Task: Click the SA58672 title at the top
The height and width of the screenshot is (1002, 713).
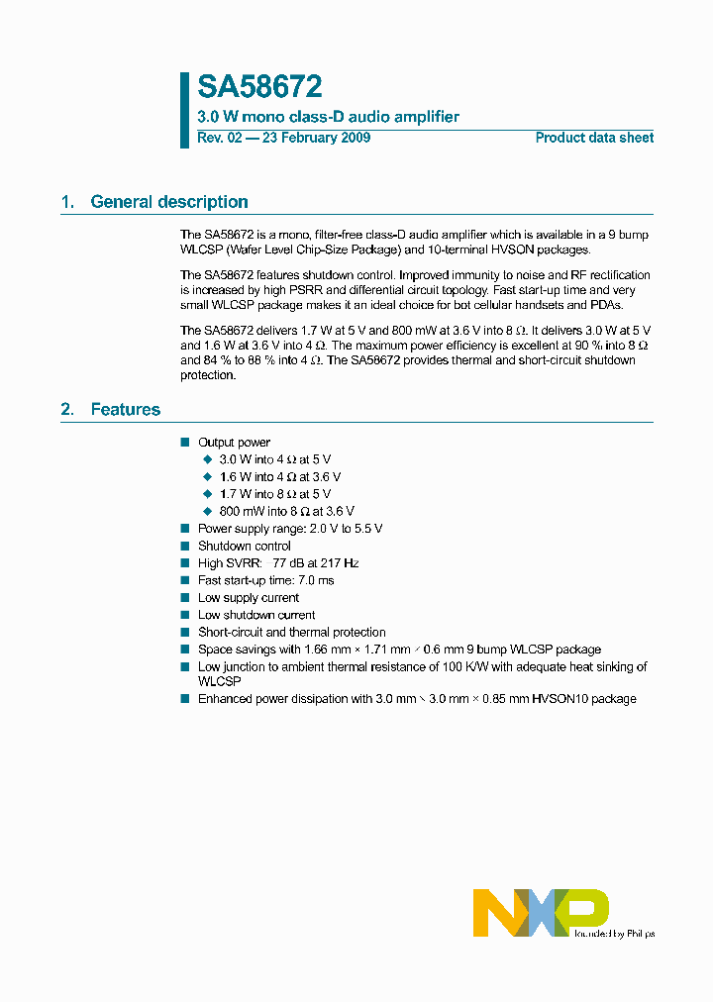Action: [x=259, y=88]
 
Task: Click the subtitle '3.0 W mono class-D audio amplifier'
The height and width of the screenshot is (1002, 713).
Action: [x=328, y=117]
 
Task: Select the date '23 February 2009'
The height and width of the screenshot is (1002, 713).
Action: [x=315, y=138]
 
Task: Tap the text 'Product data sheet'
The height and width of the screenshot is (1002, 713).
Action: [x=594, y=138]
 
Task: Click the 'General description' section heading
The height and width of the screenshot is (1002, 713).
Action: [x=168, y=202]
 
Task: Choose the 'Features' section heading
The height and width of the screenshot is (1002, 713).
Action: [x=125, y=410]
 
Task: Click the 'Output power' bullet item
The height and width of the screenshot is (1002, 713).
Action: [x=234, y=443]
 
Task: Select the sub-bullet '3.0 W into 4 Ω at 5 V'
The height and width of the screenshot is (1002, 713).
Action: [x=274, y=459]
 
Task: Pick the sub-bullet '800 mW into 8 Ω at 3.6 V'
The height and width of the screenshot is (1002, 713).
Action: [x=286, y=511]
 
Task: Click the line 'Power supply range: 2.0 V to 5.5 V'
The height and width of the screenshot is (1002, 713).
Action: [x=290, y=529]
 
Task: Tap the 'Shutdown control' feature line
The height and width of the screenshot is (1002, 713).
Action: [x=245, y=546]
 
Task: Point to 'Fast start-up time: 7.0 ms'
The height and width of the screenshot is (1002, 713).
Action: [x=266, y=580]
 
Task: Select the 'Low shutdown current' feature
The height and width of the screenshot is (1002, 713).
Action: [x=256, y=615]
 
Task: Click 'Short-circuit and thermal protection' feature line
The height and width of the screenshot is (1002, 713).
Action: [x=292, y=632]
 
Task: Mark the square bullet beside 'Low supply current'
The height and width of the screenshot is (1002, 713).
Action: [x=184, y=598]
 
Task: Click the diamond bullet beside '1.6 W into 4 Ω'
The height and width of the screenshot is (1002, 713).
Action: [x=208, y=477]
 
